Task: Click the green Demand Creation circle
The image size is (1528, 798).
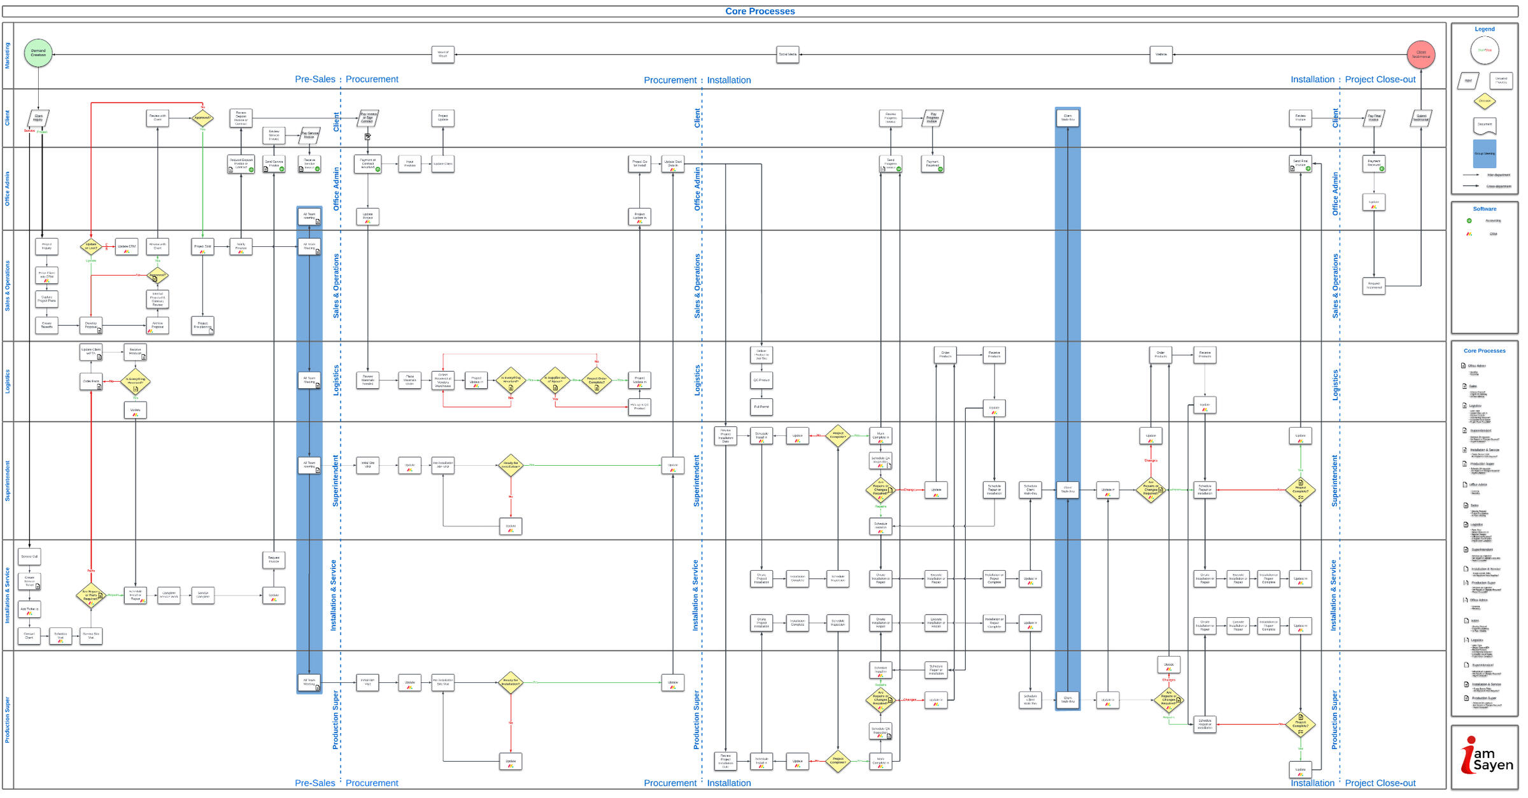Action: pos(38,53)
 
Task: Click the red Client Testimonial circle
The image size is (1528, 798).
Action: pos(1420,55)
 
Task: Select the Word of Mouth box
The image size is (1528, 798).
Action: pos(442,55)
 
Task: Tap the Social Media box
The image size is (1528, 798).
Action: pos(788,55)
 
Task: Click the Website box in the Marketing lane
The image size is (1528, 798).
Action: pos(1161,55)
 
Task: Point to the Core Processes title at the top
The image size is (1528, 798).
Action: pos(760,11)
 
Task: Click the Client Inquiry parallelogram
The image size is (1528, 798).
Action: pos(38,118)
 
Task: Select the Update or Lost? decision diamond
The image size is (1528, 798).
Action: pos(91,246)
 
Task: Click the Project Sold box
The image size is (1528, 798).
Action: pos(202,247)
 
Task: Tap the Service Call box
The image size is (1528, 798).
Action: pos(29,557)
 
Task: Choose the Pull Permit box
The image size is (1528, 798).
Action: pos(761,407)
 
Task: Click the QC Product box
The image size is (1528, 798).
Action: pos(761,381)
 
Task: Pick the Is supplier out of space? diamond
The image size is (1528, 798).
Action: pos(555,380)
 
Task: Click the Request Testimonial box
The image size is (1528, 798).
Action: pos(1374,286)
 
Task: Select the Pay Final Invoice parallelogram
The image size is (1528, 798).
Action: pos(1374,118)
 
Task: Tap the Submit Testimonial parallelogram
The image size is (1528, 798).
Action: pos(1421,118)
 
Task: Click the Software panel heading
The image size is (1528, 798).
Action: pos(1484,209)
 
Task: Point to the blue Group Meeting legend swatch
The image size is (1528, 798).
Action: pos(1484,153)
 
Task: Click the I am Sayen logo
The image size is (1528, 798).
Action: pos(1485,757)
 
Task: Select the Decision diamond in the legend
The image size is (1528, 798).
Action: pos(1484,101)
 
